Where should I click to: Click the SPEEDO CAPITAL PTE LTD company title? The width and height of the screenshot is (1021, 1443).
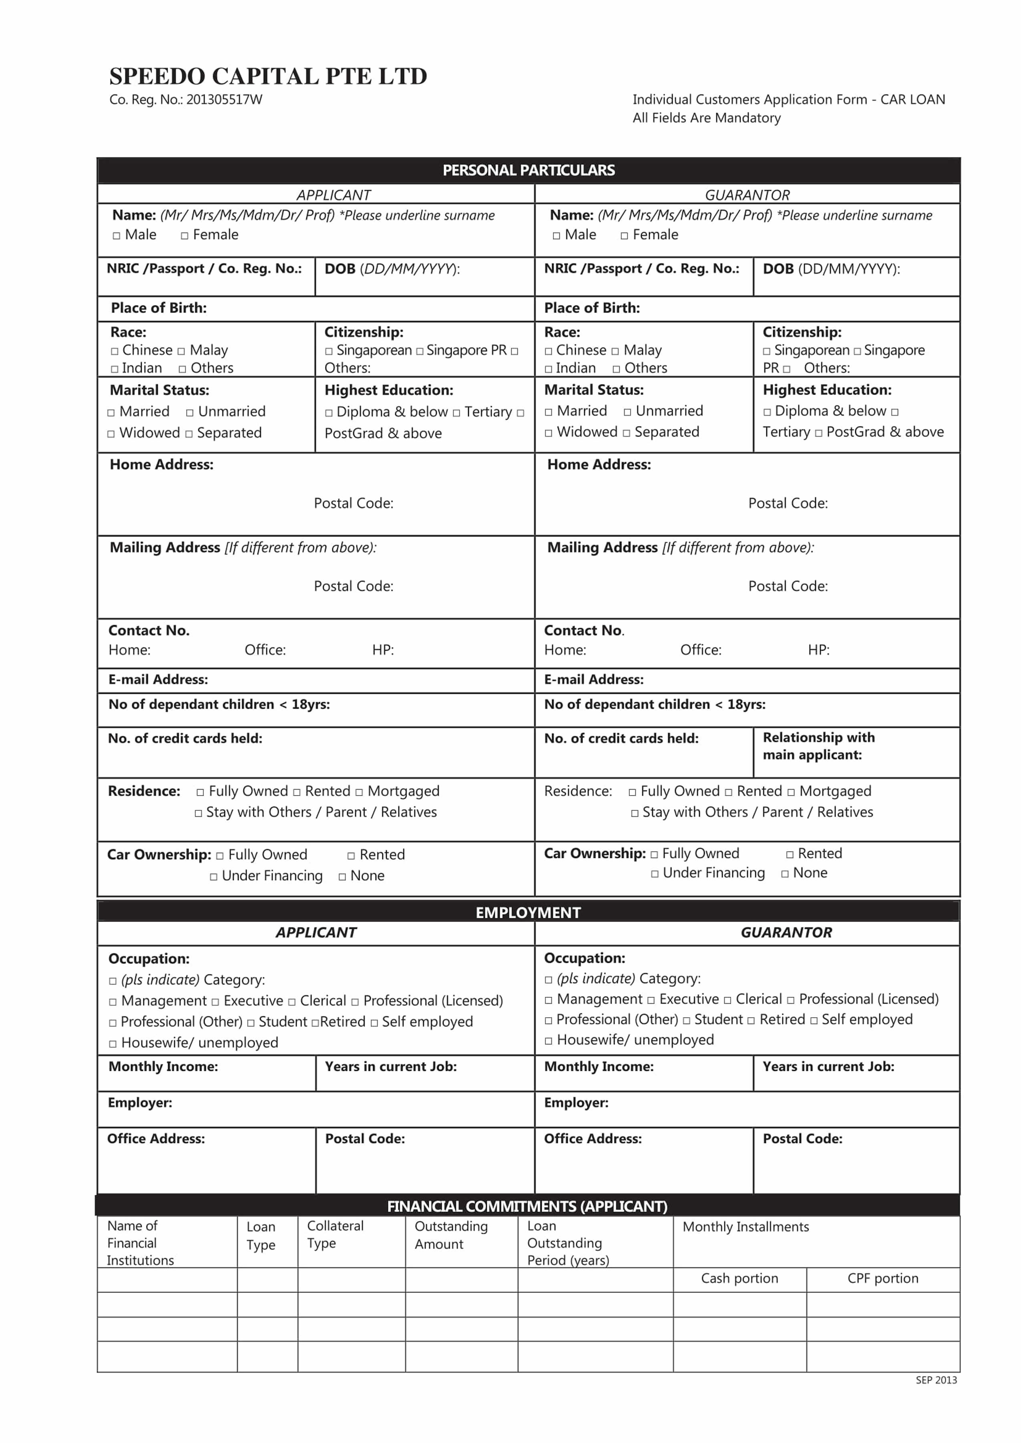[x=268, y=77]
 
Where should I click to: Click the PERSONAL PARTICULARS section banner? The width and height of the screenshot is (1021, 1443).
[x=528, y=170]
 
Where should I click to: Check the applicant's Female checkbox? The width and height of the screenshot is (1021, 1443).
[x=185, y=236]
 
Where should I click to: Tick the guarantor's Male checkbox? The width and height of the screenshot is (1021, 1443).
[x=557, y=236]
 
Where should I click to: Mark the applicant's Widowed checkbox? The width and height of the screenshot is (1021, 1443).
[x=111, y=434]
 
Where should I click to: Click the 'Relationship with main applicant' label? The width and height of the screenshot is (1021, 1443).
[x=818, y=746]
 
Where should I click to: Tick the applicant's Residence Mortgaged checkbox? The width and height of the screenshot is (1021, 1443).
[x=359, y=792]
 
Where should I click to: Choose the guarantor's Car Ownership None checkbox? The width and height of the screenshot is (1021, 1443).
[x=785, y=874]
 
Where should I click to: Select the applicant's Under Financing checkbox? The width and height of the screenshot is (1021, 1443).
[x=214, y=877]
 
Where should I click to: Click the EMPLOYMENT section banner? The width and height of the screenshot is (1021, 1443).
[x=528, y=912]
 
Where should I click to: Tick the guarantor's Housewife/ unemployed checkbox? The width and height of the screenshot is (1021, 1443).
[x=548, y=1041]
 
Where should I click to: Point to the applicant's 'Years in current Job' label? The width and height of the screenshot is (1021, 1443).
[x=390, y=1066]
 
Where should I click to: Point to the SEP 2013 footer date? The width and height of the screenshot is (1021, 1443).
[x=935, y=1380]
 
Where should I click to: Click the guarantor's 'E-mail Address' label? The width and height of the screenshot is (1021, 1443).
[x=593, y=679]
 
